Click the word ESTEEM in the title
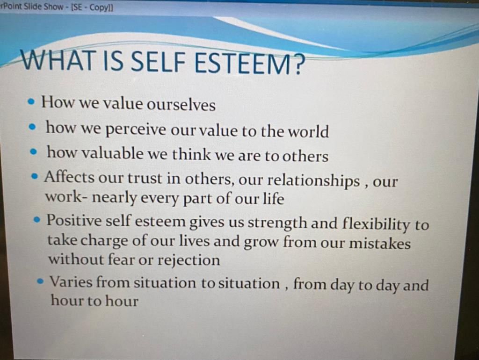click(243, 63)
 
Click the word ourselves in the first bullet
click(181, 105)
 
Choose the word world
click(309, 131)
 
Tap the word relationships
click(313, 181)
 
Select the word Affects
click(69, 177)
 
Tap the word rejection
click(189, 260)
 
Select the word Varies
click(71, 282)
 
